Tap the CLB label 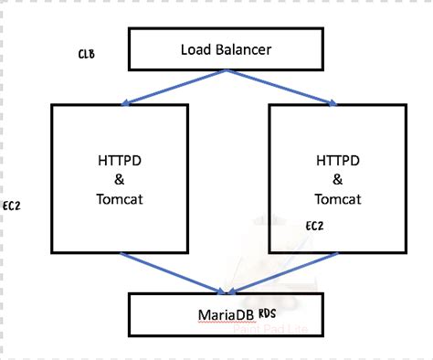pos(87,54)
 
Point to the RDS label pos(268,312)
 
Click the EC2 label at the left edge pos(12,206)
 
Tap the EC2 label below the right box pos(313,224)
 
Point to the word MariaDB pos(226,316)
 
